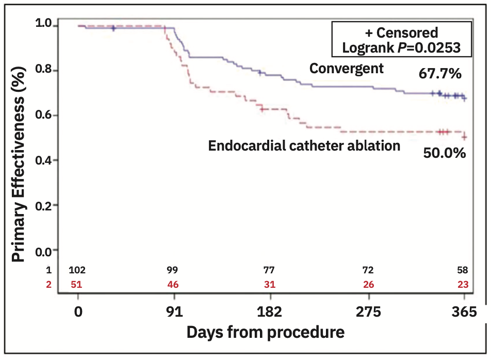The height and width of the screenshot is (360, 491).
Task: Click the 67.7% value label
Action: [439, 74]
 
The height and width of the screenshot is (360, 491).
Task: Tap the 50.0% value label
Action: [445, 153]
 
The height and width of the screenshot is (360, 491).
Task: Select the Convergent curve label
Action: [346, 69]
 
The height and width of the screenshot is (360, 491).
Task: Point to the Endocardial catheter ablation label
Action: [304, 146]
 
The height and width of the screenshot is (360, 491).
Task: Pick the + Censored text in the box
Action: [401, 32]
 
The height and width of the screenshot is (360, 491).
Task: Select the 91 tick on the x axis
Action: [174, 313]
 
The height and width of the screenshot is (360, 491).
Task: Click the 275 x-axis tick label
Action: [368, 313]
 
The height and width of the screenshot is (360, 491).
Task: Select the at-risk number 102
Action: [77, 270]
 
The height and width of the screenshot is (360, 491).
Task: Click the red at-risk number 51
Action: [77, 284]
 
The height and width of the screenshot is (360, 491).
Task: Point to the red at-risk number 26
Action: [368, 284]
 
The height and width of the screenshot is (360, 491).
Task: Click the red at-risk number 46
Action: [174, 284]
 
